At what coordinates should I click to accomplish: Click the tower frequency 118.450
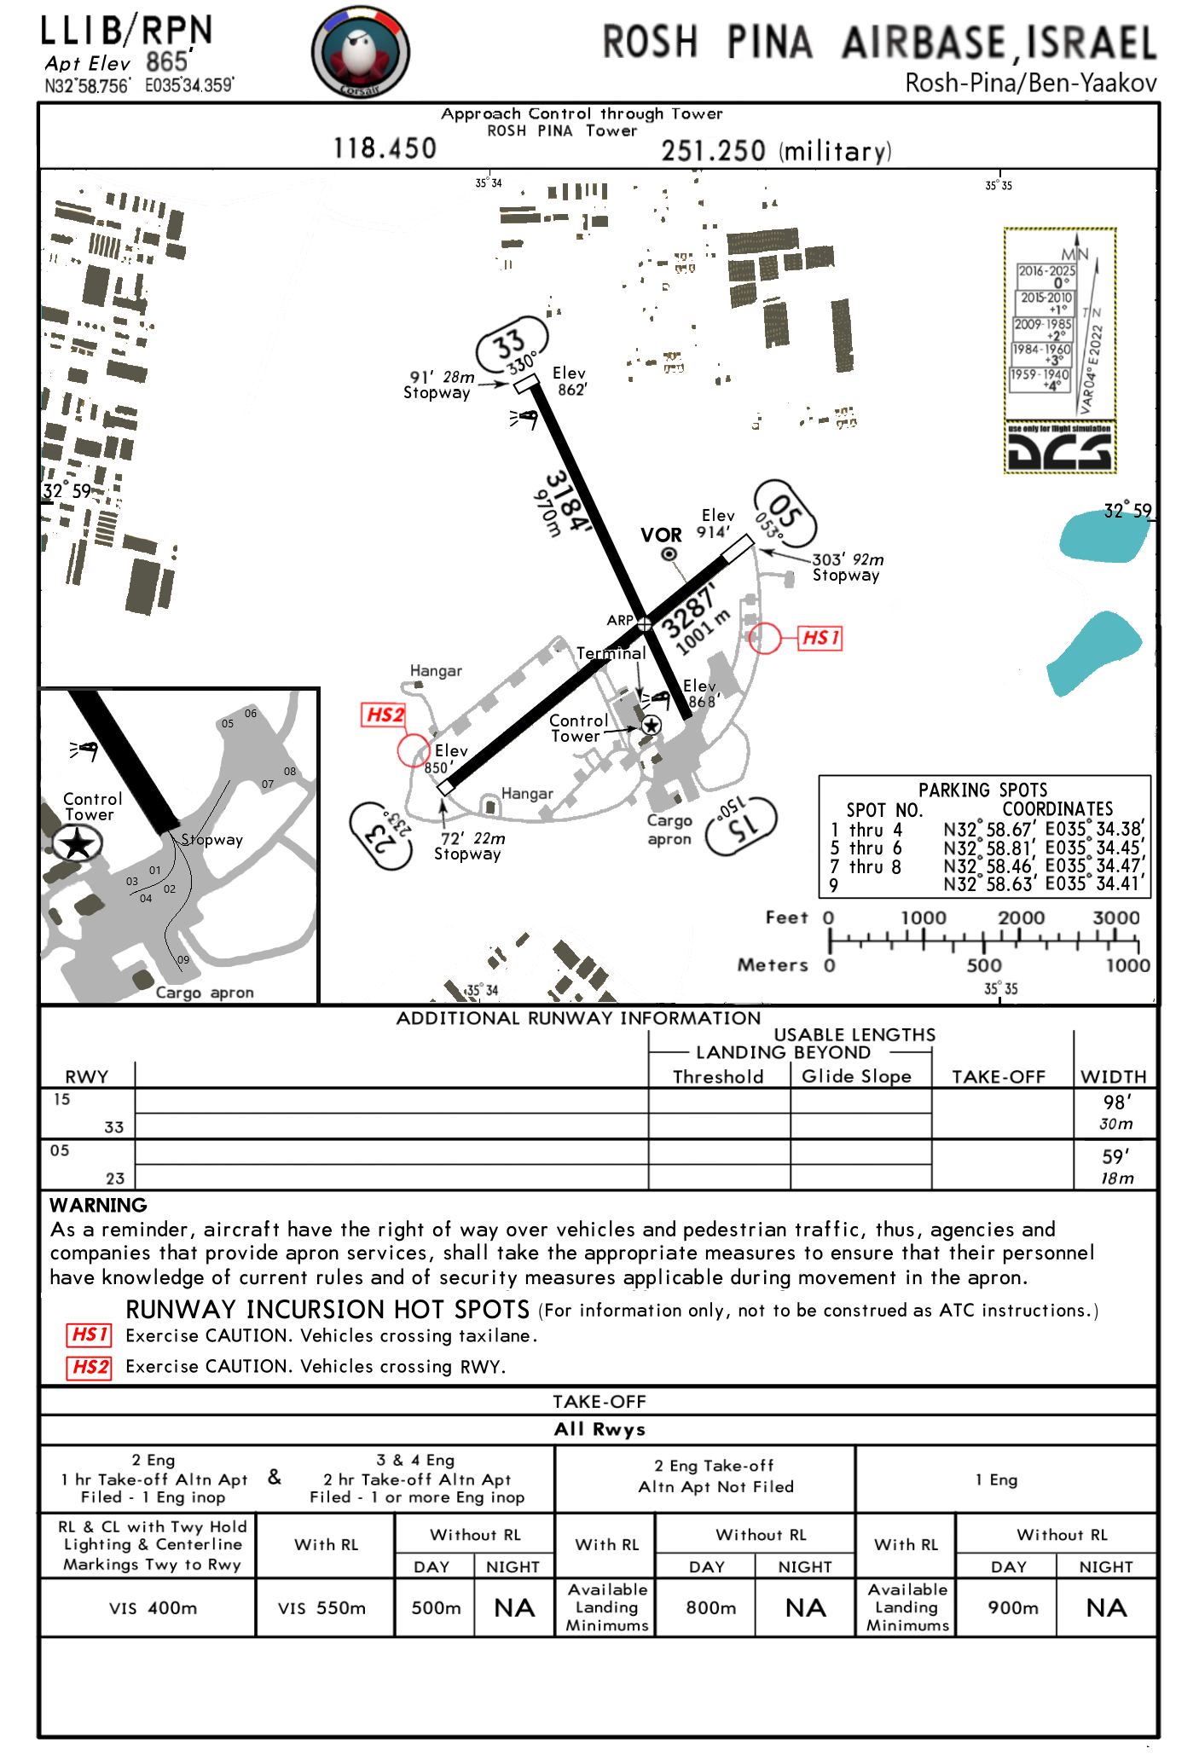pos(385,148)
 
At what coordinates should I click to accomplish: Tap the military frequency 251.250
pos(713,151)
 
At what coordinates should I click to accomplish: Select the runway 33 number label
pos(510,344)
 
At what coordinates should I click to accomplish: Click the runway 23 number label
pos(380,835)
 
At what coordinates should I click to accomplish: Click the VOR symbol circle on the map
pos(670,554)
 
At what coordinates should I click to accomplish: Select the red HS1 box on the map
pos(820,638)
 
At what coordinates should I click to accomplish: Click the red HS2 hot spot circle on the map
pos(414,750)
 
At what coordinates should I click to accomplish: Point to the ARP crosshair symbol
pos(645,625)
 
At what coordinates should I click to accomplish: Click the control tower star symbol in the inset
pos(78,844)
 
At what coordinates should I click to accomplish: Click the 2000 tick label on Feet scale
pos(1021,918)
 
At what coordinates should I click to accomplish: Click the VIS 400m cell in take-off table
pos(153,1608)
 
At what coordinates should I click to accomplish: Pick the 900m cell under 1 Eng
pos(1013,1608)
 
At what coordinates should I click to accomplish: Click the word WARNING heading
pos(98,1205)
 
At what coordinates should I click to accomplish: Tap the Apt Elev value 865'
pos(167,61)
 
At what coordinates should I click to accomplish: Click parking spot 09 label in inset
pos(182,959)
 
